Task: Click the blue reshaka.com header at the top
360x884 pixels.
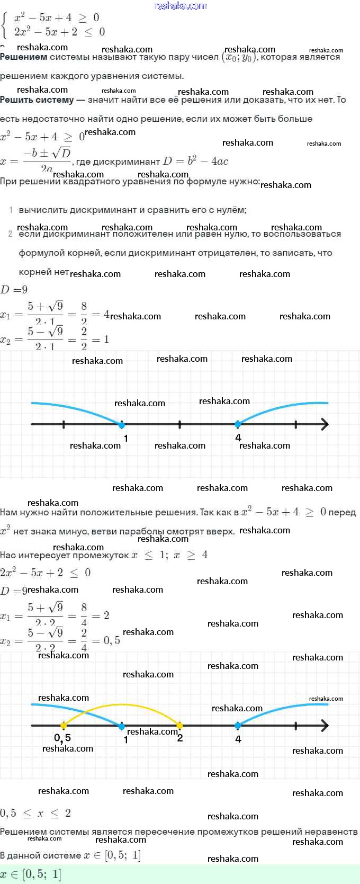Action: (x=180, y=6)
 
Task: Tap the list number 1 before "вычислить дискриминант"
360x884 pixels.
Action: (x=11, y=210)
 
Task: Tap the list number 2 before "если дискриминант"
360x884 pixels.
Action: (x=11, y=234)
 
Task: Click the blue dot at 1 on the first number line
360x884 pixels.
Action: (x=122, y=424)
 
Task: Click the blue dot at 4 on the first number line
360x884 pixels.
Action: (x=238, y=424)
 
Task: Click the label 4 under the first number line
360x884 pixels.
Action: (x=238, y=437)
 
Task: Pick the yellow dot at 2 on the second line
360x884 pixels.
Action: (x=179, y=725)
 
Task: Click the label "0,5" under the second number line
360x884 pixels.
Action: (x=62, y=738)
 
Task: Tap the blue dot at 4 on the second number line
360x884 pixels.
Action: (x=238, y=725)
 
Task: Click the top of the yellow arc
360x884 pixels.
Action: (x=122, y=704)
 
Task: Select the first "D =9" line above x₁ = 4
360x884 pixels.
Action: (x=14, y=290)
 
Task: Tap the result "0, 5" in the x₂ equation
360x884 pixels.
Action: (x=112, y=641)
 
